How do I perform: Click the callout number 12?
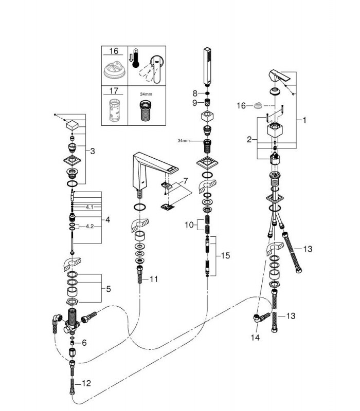point(86,383)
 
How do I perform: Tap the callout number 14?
point(255,338)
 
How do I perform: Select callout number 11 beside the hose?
point(154,279)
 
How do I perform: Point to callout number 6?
point(84,343)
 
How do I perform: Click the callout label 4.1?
point(89,207)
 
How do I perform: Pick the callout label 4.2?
point(89,226)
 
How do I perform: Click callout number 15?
point(225,255)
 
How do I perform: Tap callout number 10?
point(189,225)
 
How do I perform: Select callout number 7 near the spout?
point(186,181)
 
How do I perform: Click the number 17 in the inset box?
point(114,91)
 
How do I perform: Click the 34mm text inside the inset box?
point(146,94)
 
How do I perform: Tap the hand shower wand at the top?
point(207,66)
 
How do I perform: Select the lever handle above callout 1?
point(279,76)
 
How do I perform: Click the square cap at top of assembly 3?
point(72,125)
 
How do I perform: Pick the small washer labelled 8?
point(207,93)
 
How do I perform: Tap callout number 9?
point(194,102)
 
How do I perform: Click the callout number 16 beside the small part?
point(241,106)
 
